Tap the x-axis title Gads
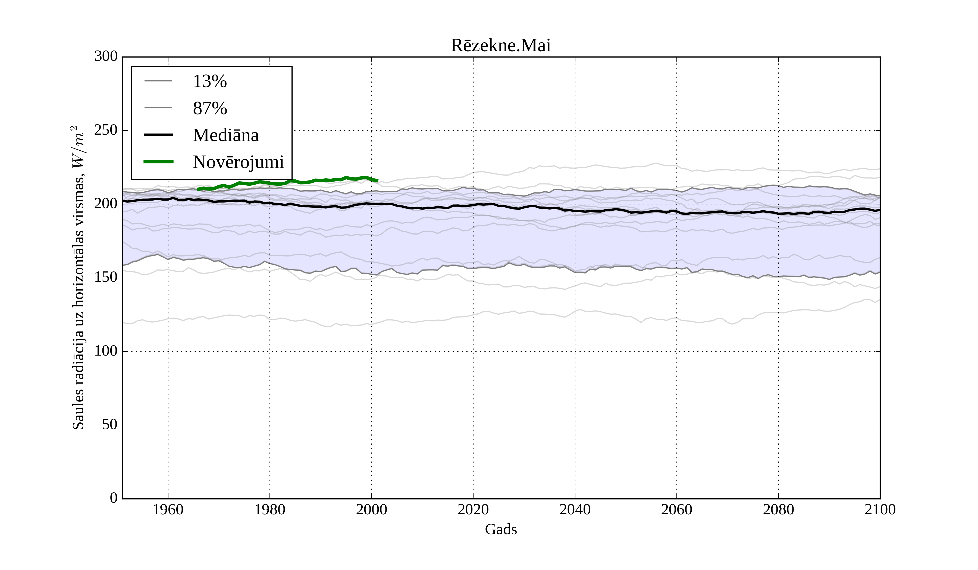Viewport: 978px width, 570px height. (501, 529)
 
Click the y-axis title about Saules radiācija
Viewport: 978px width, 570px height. (79, 278)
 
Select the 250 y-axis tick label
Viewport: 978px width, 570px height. (106, 130)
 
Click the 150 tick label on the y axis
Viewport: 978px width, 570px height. (106, 278)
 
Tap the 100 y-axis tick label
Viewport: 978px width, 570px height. (106, 351)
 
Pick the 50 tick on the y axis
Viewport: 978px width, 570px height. (109, 425)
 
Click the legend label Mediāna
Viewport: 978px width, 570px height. (225, 135)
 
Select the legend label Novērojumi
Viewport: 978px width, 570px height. (238, 162)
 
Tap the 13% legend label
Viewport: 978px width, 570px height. (209, 81)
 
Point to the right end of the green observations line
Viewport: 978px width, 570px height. (378, 181)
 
